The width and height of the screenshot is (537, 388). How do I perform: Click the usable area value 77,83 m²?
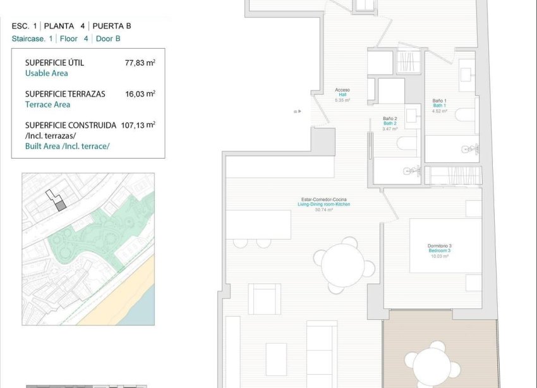tap(140, 63)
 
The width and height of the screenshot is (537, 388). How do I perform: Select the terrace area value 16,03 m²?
tap(140, 94)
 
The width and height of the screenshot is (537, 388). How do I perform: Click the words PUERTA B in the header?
tap(112, 27)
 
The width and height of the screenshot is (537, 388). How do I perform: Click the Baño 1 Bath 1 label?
tap(440, 105)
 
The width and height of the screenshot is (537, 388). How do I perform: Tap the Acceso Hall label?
tap(342, 95)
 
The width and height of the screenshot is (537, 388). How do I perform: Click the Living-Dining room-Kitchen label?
tap(323, 205)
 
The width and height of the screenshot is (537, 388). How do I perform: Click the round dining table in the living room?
tap(343, 265)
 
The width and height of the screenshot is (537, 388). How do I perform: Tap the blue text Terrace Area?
tap(47, 104)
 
